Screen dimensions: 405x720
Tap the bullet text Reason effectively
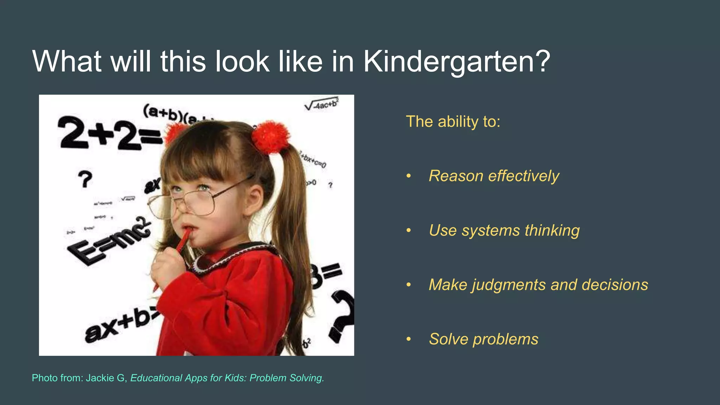[x=494, y=176]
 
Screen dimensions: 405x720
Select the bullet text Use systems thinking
[x=504, y=230]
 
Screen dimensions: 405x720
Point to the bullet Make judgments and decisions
[x=538, y=284]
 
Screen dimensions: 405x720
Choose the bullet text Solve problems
[x=483, y=339]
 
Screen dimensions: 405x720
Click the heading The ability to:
[x=453, y=122]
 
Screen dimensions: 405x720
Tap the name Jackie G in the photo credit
[x=105, y=378]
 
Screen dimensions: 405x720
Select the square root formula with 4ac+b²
[x=321, y=104]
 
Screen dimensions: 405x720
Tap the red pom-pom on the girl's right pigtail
[x=271, y=137]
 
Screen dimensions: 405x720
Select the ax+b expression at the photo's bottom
[x=120, y=325]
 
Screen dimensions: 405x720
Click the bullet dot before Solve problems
[x=409, y=339]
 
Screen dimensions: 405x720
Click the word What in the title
[x=67, y=62]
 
